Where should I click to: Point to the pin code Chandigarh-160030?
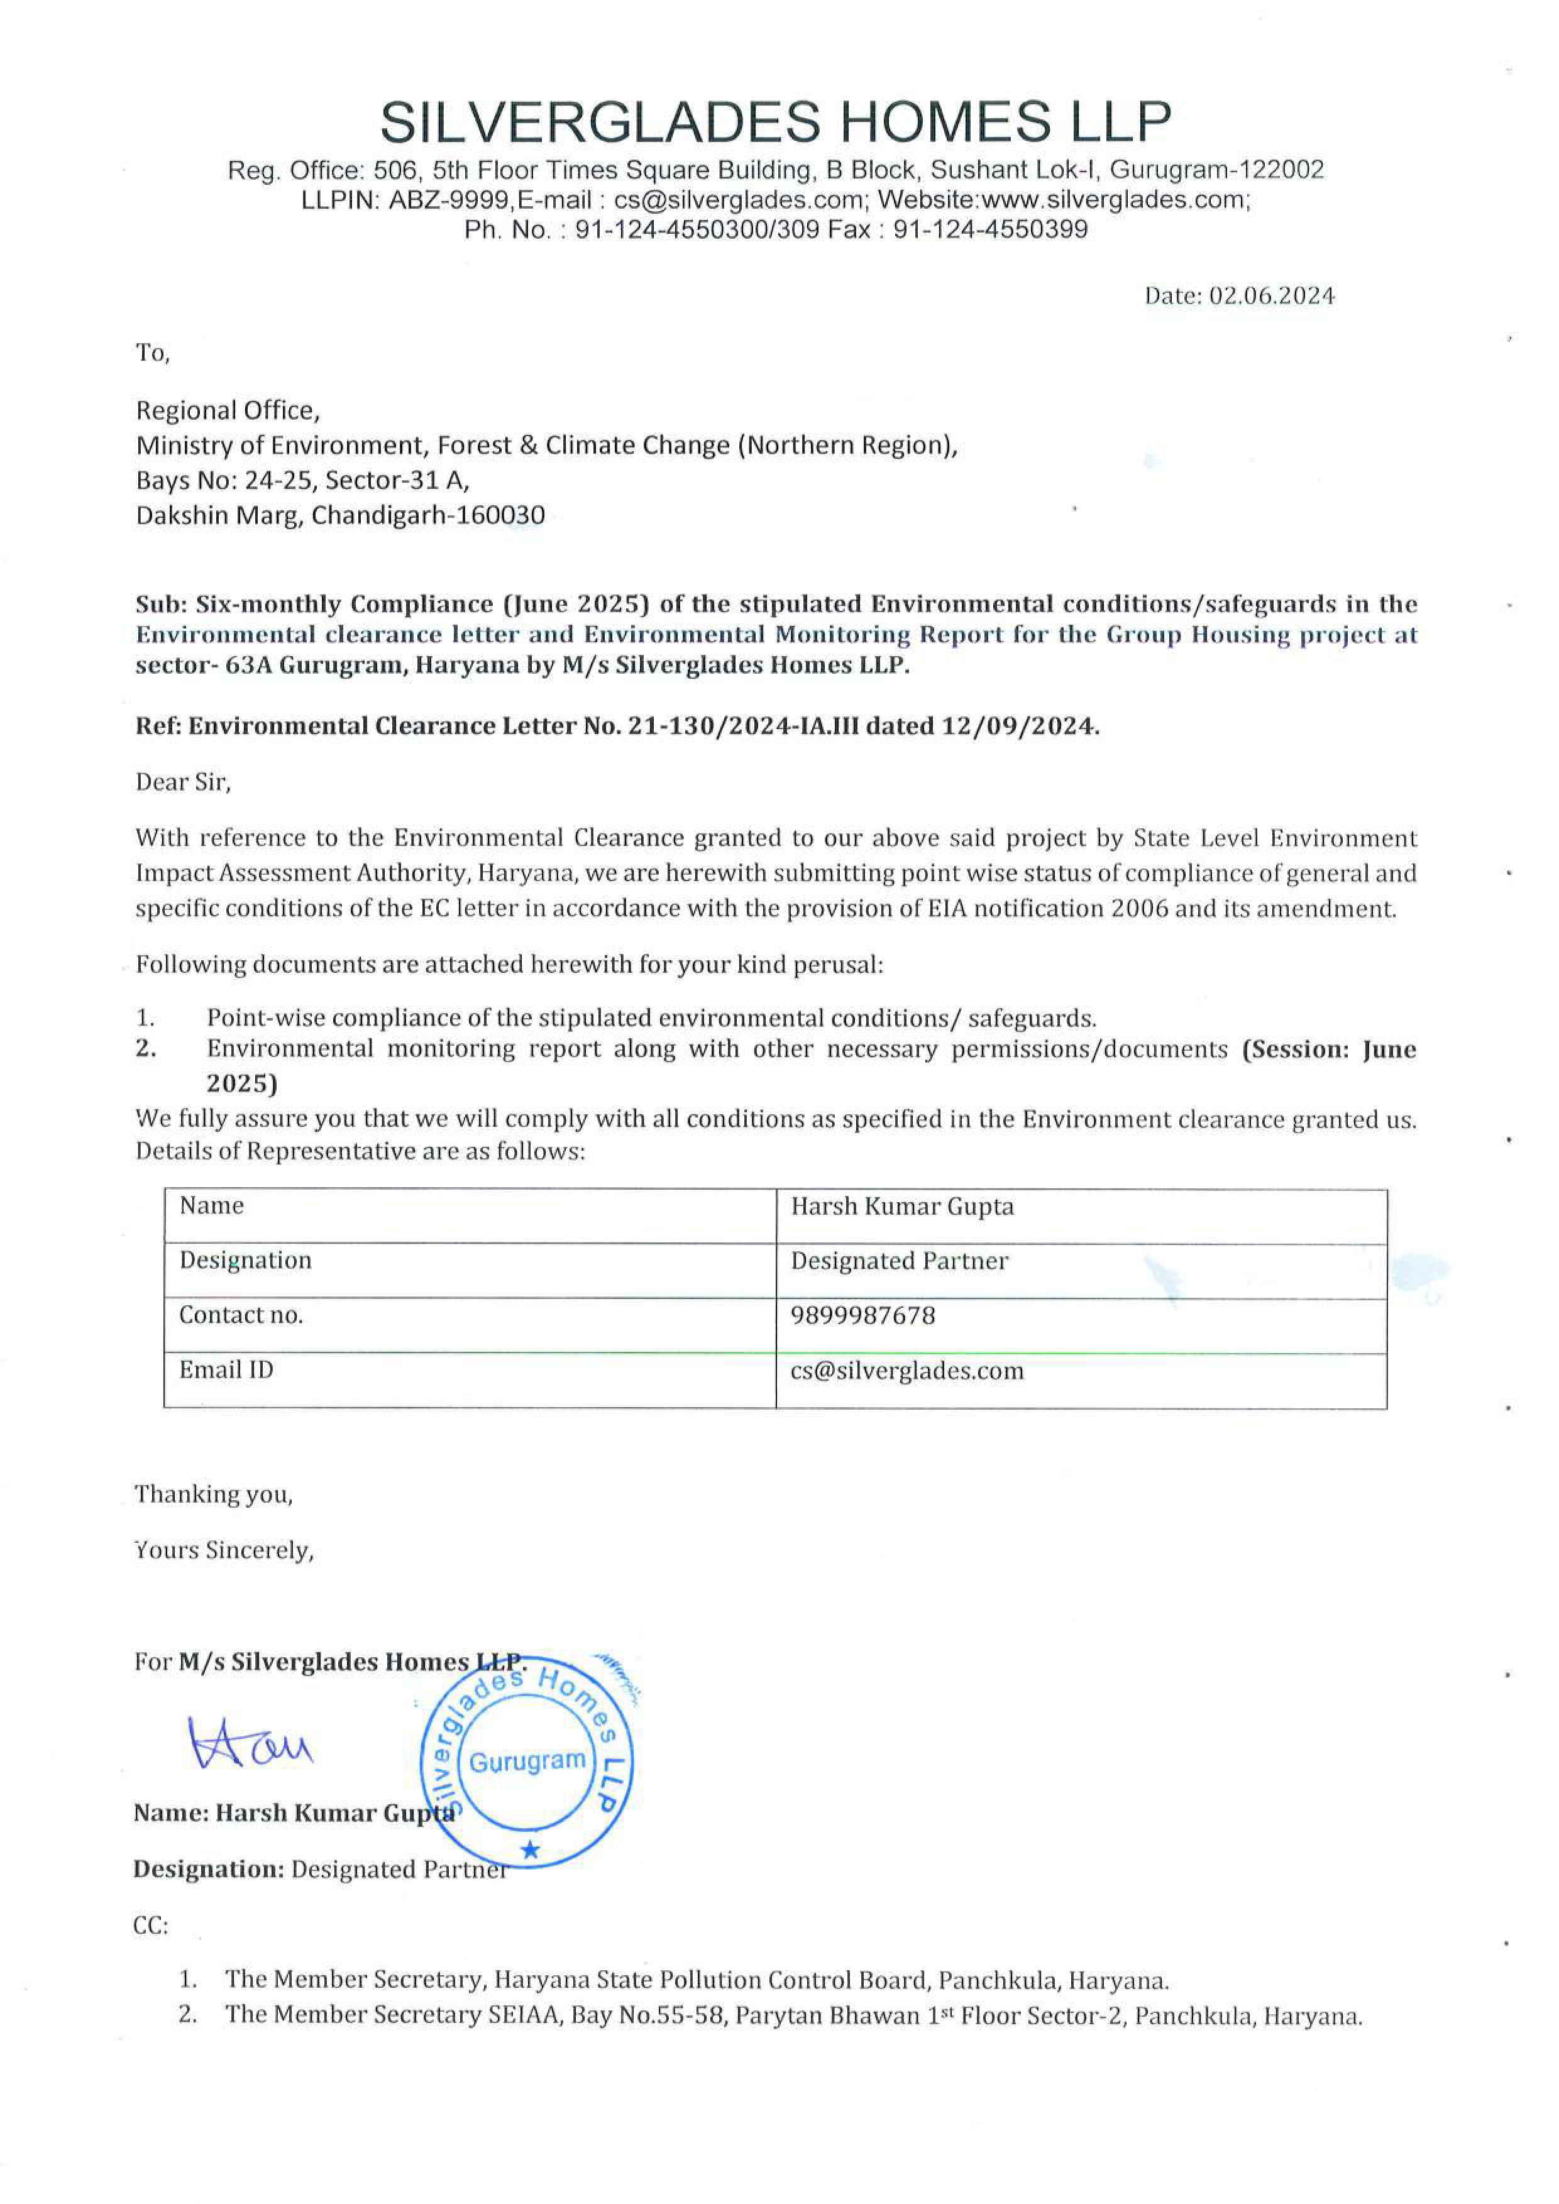pos(428,517)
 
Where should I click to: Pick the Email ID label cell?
pos(226,1370)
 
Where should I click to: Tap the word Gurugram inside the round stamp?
pos(527,1762)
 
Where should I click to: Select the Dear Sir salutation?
pos(184,782)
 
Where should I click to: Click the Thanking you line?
pos(213,1494)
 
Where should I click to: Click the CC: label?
pos(151,1927)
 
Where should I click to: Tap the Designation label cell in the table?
pos(246,1261)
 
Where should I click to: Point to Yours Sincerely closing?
pos(224,1551)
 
